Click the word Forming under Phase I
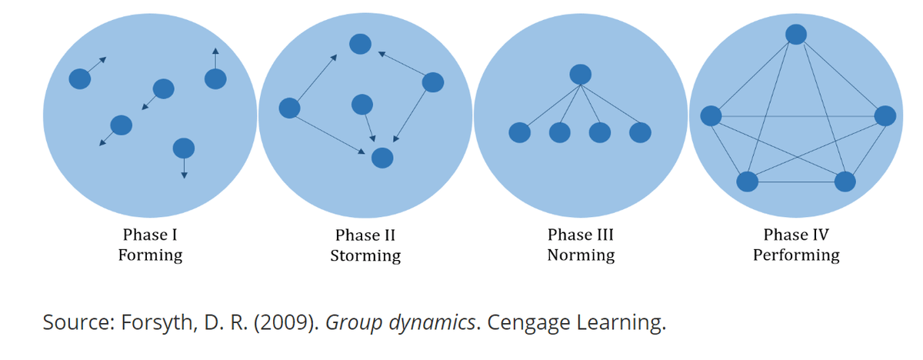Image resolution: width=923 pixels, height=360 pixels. [151, 256]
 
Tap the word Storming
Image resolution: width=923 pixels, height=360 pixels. [365, 256]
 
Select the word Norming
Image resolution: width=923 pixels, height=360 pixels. [581, 256]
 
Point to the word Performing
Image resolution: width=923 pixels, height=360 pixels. [796, 256]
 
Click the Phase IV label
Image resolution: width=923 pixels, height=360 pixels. [796, 235]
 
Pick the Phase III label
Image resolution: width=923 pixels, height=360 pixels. [581, 235]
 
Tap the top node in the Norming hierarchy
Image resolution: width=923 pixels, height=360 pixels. [581, 75]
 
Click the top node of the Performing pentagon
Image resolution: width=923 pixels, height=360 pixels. [796, 34]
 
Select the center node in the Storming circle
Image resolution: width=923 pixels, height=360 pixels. [362, 104]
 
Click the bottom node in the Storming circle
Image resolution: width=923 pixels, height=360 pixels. [382, 158]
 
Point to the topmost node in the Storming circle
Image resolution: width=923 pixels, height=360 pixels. [361, 44]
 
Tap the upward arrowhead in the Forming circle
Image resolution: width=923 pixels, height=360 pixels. [215, 51]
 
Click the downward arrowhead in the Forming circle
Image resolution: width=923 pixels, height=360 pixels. [184, 175]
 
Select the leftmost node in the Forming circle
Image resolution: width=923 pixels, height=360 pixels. [80, 78]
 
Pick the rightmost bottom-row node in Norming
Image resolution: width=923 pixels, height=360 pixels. [640, 132]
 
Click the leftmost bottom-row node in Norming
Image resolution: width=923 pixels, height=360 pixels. [520, 132]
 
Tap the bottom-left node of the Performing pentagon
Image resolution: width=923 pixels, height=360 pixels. [748, 182]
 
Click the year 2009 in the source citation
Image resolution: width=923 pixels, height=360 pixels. [284, 322]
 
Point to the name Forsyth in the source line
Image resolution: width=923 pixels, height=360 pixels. [157, 323]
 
